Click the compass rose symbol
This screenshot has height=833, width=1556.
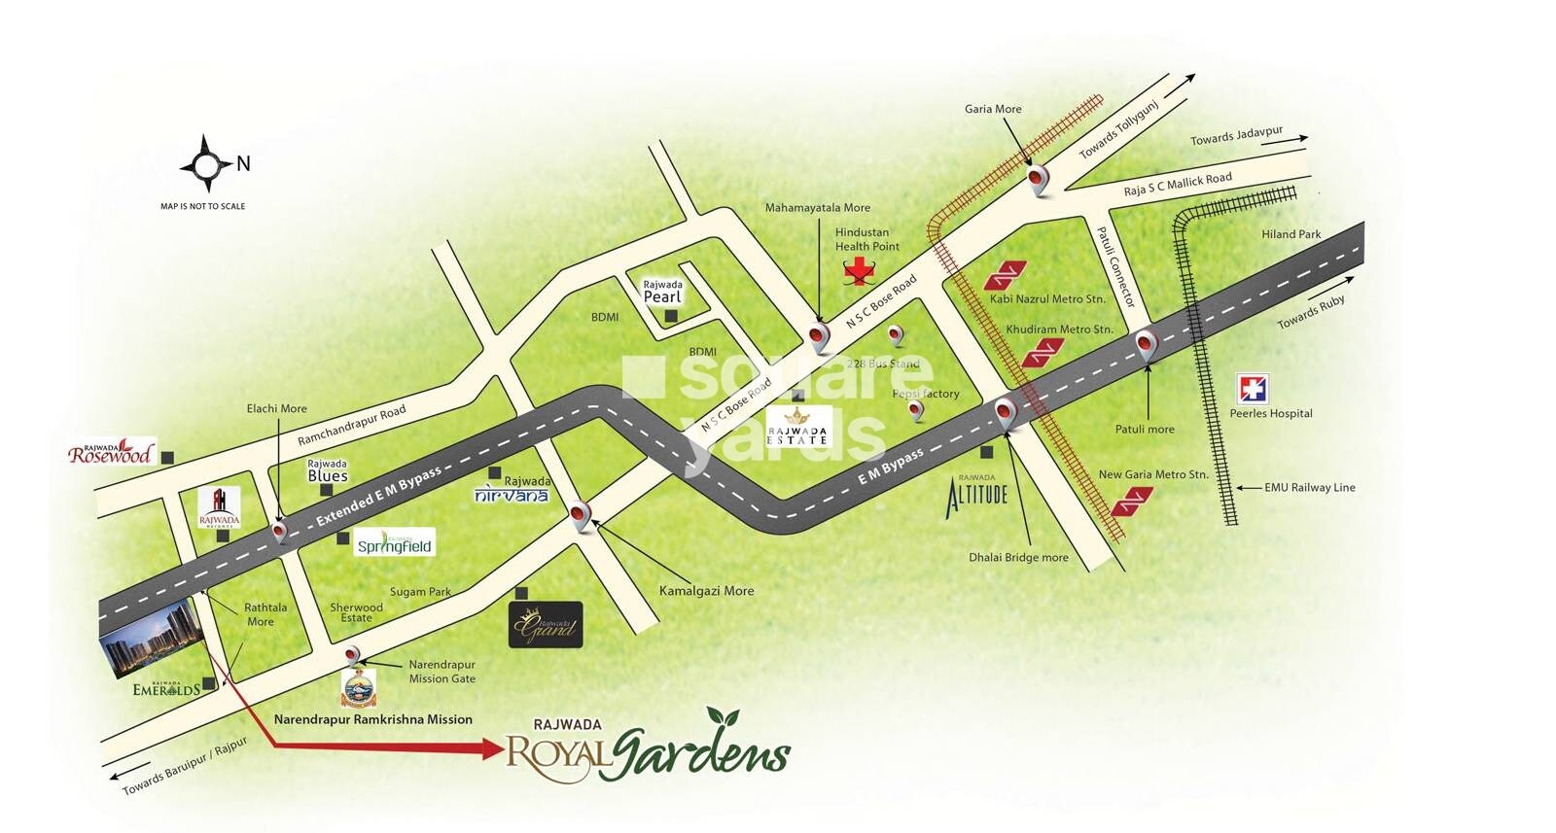tap(205, 164)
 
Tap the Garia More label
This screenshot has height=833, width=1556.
tap(993, 109)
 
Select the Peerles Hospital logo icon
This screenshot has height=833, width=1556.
tap(1252, 389)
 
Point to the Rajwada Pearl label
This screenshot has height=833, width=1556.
tap(662, 292)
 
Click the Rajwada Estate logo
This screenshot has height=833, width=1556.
tap(797, 426)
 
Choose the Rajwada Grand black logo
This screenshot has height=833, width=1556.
tap(546, 625)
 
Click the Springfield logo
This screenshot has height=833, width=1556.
tap(394, 543)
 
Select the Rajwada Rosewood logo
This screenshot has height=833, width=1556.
tap(111, 453)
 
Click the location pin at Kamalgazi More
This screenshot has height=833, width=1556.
tap(582, 515)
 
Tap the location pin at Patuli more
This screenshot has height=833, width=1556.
tap(1147, 344)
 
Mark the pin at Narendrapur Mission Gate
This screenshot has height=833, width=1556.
tap(354, 656)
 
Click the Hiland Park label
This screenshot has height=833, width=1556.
tap(1291, 234)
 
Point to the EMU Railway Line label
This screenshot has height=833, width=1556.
tap(1309, 488)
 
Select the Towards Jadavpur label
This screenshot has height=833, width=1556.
tap(1236, 136)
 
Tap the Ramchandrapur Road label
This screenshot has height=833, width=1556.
tap(351, 426)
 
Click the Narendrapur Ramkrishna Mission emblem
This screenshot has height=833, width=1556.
tap(358, 688)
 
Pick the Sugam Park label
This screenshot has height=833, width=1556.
tap(420, 591)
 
